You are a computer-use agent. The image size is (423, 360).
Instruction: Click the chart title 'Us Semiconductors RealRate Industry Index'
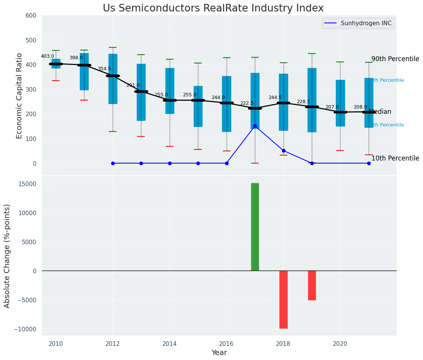[x=213, y=8]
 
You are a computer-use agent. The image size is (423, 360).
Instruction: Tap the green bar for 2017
[x=255, y=227]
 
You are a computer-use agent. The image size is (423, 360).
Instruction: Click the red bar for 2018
[x=283, y=299]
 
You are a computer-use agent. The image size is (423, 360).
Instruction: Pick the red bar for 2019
[x=312, y=285]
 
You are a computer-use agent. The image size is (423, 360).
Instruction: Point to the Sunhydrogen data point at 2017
[x=255, y=126]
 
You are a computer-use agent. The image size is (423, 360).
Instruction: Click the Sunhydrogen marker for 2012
[x=113, y=163]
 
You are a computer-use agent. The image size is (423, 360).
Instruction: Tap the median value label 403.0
[x=47, y=56]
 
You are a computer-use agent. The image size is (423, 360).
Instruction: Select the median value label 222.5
[x=246, y=103]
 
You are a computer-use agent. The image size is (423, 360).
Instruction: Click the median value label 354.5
[x=104, y=69]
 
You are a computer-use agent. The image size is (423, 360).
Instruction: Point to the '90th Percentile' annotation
[x=395, y=59]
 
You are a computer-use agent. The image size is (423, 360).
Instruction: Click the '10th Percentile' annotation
[x=395, y=158]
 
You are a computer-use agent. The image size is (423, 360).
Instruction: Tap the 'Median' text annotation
[x=380, y=112]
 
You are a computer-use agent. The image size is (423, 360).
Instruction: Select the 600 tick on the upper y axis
[x=31, y=15]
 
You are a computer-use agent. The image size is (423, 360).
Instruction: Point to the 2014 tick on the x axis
[x=170, y=344]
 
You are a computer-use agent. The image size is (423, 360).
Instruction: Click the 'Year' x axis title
[x=219, y=353]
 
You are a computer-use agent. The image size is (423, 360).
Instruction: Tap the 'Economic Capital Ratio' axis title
[x=19, y=96]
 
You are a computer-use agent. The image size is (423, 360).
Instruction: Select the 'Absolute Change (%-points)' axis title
[x=7, y=256]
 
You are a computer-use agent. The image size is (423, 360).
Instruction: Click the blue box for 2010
[x=56, y=63]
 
